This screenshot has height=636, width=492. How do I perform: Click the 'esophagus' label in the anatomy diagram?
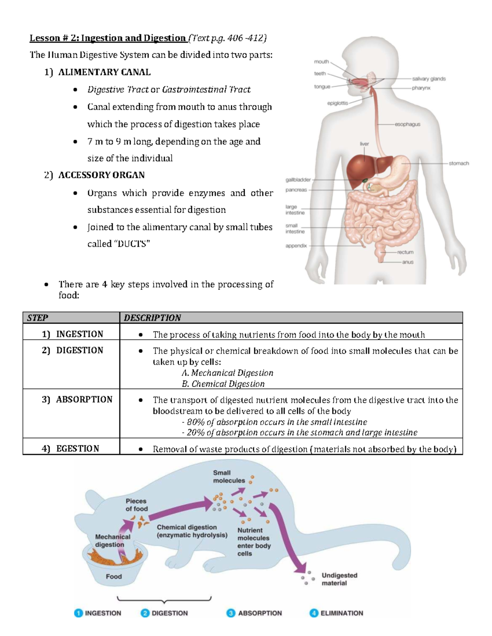407,124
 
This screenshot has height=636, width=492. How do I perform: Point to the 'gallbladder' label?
298,180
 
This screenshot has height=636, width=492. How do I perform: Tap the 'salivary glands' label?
428,79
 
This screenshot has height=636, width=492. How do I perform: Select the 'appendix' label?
296,246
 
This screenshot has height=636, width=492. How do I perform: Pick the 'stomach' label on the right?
458,163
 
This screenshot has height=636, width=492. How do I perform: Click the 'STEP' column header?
37,318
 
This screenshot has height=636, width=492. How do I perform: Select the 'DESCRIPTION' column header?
152,318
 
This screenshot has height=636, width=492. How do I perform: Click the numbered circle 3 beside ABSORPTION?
231,613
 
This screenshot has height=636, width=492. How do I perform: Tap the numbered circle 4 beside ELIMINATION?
314,613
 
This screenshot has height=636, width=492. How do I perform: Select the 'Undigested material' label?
339,579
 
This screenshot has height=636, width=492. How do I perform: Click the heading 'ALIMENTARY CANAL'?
104,72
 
